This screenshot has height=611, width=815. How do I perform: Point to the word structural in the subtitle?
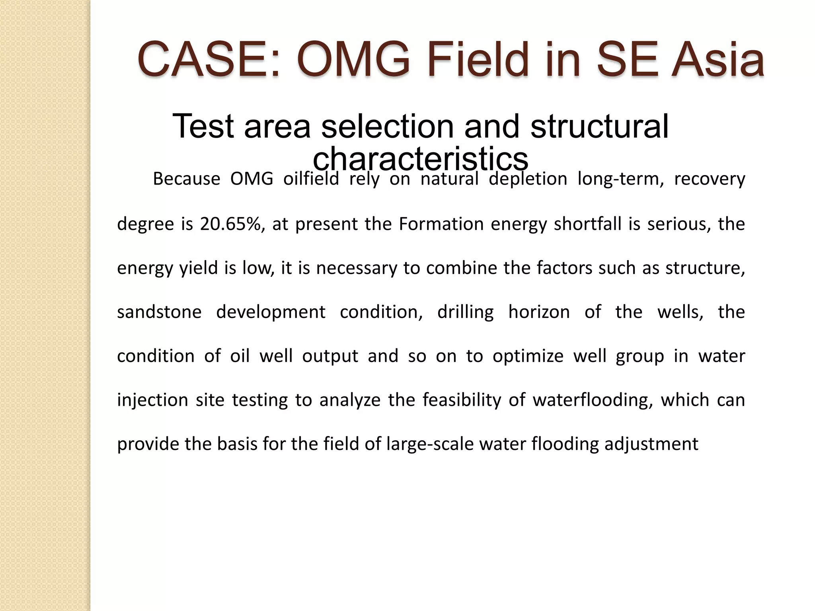tap(599, 126)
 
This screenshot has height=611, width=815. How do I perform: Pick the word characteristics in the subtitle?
tap(421, 159)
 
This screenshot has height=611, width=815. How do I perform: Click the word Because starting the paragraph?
tap(186, 179)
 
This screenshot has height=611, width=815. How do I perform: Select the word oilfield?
tap(311, 179)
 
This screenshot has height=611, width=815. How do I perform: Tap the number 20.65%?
tap(232, 224)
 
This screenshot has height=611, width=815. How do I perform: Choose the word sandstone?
tap(159, 312)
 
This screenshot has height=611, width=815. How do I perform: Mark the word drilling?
tap(465, 312)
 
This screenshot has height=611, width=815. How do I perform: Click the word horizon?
tap(539, 312)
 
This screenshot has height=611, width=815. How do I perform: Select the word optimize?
tap(528, 356)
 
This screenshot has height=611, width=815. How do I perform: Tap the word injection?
tap(152, 400)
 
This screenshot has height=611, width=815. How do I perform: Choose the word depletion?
tap(528, 179)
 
